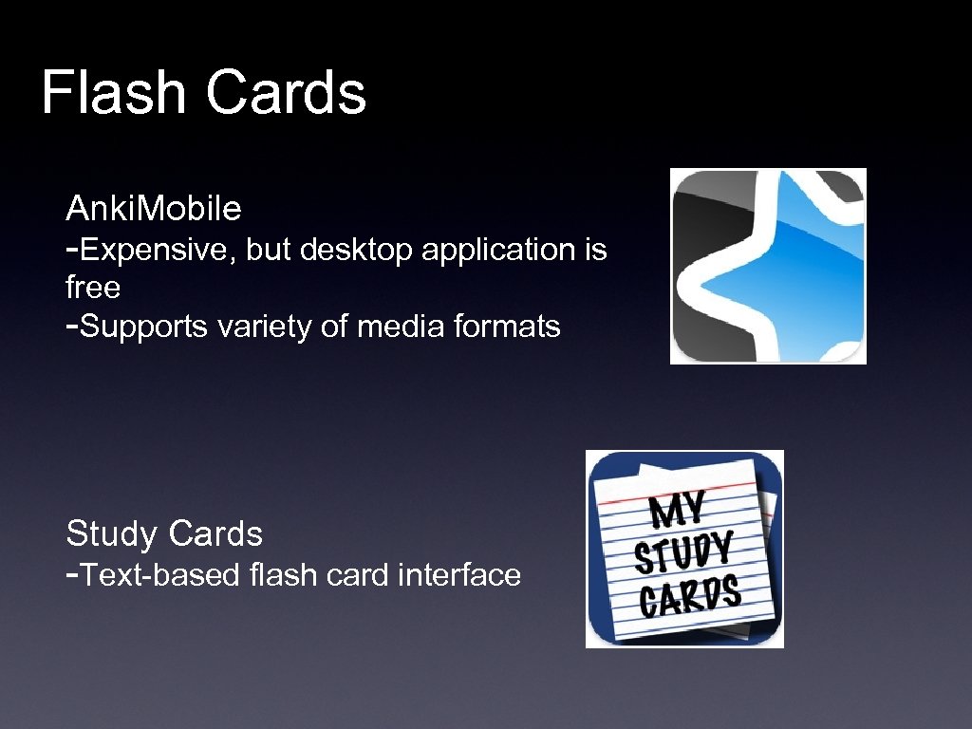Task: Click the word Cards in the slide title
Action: [x=285, y=94]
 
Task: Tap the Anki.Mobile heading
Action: [x=154, y=207]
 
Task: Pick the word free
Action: [x=93, y=287]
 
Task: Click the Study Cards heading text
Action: [x=164, y=533]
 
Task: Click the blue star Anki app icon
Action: [x=768, y=267]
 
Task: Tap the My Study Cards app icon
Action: [x=684, y=549]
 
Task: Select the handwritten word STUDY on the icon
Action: [x=684, y=552]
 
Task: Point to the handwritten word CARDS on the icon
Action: [x=690, y=596]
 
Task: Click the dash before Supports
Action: [x=72, y=327]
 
